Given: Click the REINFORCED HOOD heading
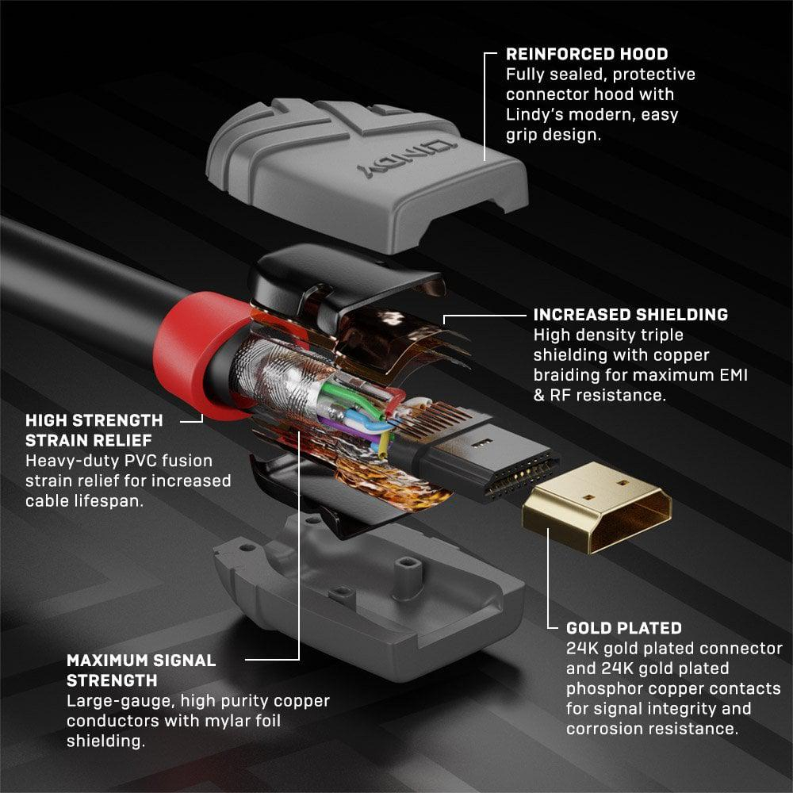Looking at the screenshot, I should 587,55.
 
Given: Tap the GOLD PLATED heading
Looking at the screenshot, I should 623,628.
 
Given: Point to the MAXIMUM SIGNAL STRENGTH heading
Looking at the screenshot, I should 140,670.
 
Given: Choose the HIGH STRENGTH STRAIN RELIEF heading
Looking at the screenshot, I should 94,429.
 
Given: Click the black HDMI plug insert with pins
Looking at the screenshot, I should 476,460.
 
